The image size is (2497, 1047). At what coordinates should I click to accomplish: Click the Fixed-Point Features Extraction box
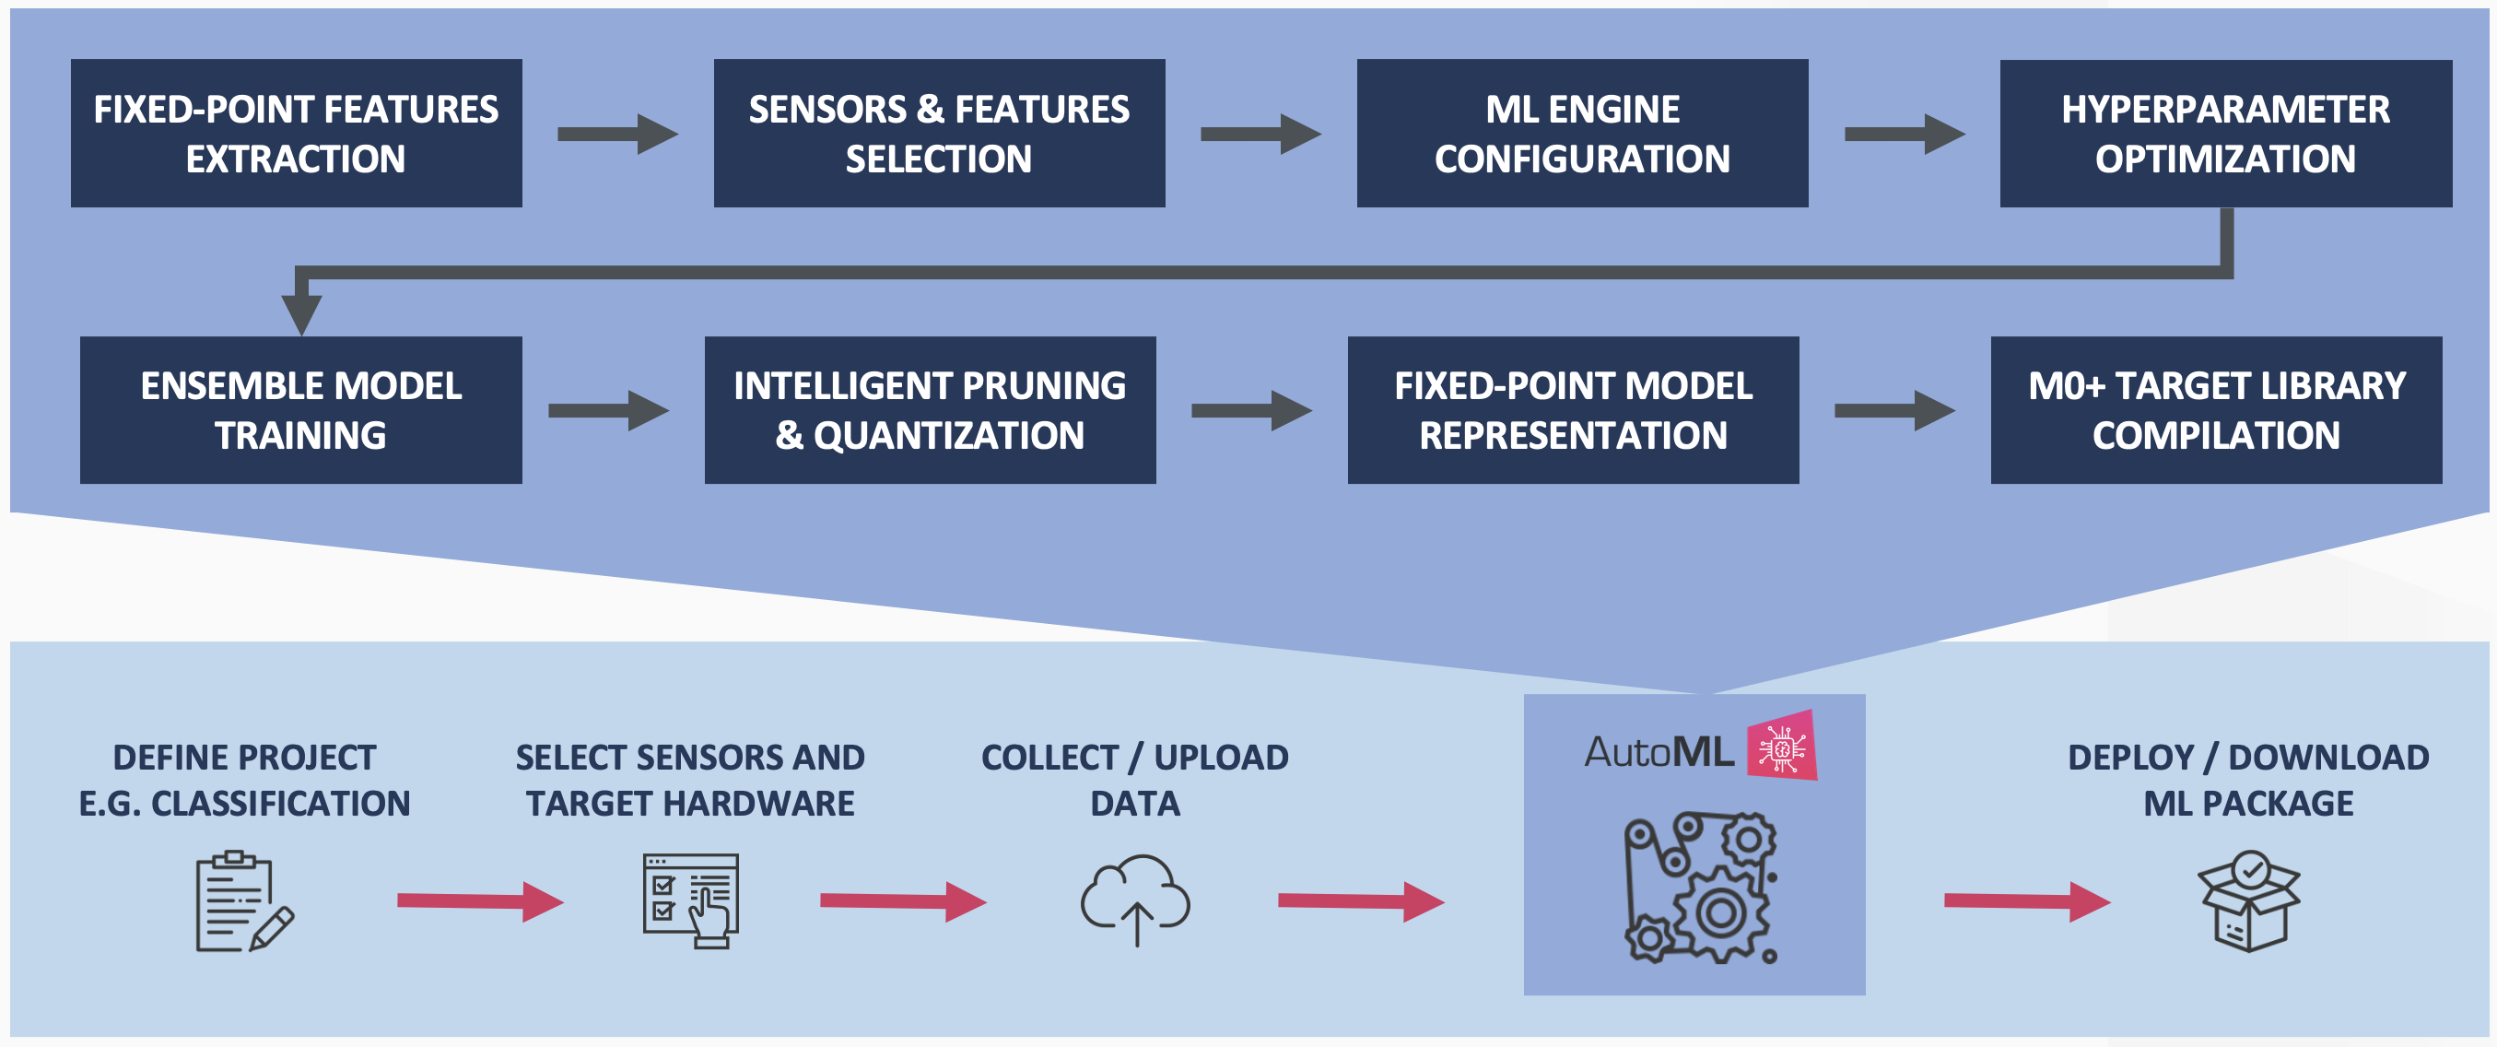click(296, 133)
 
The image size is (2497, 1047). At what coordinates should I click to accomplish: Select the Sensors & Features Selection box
click(938, 133)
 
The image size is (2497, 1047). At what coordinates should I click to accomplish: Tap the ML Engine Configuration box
click(1582, 133)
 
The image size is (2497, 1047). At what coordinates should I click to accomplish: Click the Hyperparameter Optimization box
click(2224, 133)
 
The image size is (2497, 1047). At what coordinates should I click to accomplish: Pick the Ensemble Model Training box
click(300, 410)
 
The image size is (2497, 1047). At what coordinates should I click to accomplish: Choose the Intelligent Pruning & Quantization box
click(930, 410)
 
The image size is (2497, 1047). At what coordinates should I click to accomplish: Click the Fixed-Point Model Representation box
click(1572, 410)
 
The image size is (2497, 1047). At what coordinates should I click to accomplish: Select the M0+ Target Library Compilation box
click(2216, 410)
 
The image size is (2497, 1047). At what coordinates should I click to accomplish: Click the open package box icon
click(2248, 901)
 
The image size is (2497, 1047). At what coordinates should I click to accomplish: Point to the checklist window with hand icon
click(691, 900)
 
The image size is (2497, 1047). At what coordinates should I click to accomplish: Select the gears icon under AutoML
click(1701, 887)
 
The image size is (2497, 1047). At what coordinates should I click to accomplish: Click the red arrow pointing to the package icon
click(2026, 901)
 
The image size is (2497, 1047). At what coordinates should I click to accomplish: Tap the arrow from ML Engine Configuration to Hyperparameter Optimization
click(1903, 134)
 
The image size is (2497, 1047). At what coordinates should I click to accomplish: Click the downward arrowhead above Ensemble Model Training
click(301, 312)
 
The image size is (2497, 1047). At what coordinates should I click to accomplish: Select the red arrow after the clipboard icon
click(480, 901)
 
